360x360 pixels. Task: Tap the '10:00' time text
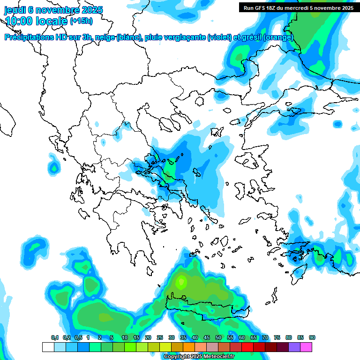[x=18, y=21]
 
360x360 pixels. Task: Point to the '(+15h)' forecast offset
[x=81, y=21]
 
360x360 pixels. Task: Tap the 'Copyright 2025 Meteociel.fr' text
[x=199, y=357]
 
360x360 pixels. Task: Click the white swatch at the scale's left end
[x=48, y=347]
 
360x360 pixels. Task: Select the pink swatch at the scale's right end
[x=306, y=347]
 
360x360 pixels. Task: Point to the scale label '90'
[x=312, y=337]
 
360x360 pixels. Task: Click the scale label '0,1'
[x=54, y=337]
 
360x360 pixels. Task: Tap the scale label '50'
[x=218, y=337]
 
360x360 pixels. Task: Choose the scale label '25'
[x=160, y=337]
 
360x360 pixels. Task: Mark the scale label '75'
[x=277, y=337]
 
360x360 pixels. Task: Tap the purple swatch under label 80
[x=294, y=347]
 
